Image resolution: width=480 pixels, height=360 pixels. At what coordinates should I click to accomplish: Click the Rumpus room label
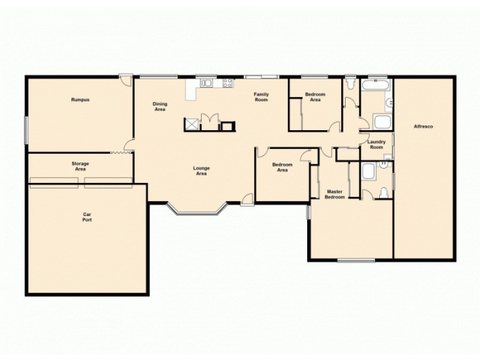80,100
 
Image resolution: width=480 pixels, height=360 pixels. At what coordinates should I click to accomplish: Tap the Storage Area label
80,166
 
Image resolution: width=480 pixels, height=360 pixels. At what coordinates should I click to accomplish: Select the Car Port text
87,217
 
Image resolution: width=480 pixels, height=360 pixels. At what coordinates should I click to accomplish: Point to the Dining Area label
160,107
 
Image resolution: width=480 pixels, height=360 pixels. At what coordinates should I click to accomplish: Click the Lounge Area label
201,171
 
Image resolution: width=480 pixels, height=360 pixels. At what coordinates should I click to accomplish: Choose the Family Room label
260,97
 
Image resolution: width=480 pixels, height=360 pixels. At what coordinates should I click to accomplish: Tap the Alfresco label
424,127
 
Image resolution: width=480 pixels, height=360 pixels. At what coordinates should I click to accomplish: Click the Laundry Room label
376,144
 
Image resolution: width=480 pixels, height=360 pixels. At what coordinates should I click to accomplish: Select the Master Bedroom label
334,193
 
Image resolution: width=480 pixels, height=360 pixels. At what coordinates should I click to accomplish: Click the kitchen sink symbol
206,83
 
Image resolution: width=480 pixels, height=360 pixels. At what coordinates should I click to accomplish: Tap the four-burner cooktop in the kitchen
227,83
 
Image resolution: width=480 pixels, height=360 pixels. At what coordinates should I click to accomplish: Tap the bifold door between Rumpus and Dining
120,152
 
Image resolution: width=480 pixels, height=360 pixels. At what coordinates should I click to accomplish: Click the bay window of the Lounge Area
197,211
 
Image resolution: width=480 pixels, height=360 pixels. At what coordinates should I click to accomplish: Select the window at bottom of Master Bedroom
356,260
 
